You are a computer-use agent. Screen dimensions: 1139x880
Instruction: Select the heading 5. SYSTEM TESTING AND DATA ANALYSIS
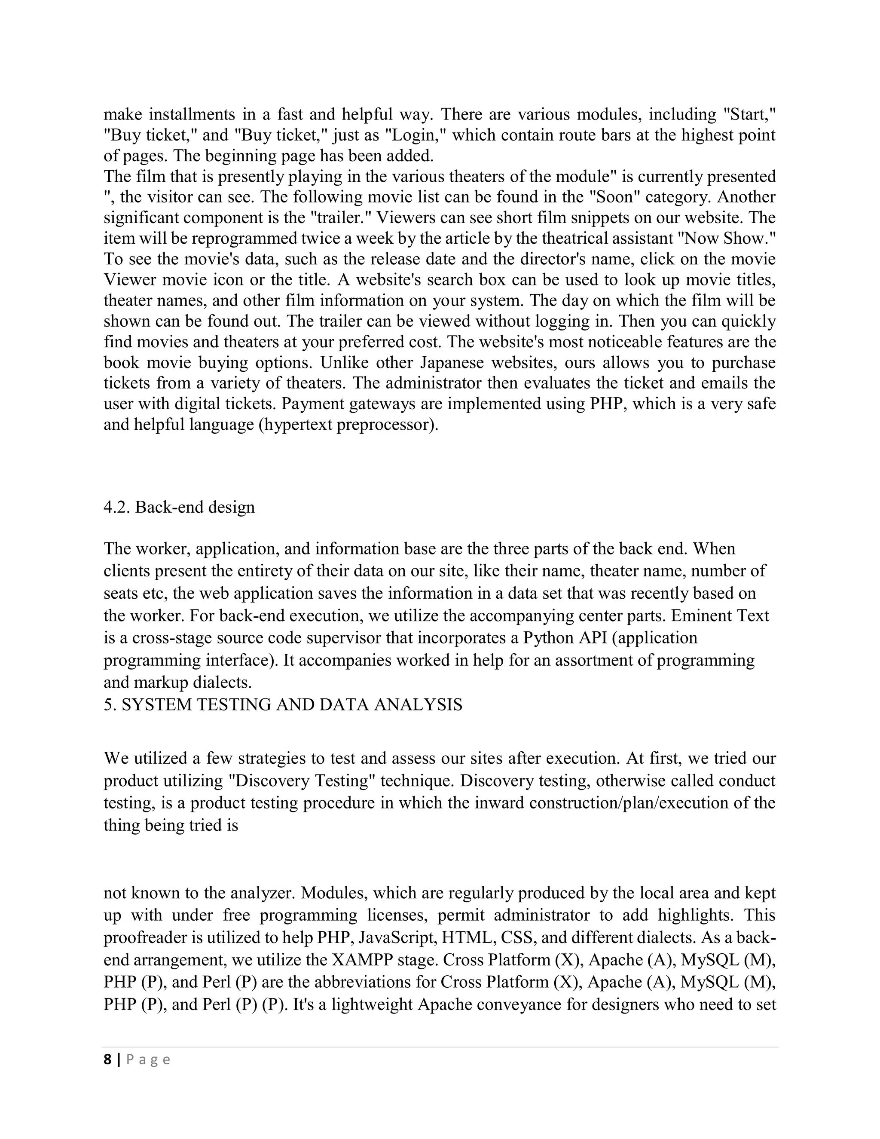283,704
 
